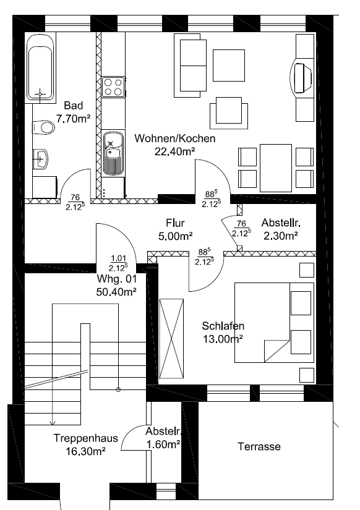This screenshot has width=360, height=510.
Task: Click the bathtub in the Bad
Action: tap(40, 67)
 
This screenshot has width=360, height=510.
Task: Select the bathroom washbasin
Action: tap(41, 159)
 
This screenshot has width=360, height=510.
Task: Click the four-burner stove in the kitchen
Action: tap(114, 87)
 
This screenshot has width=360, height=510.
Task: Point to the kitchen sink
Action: tap(113, 153)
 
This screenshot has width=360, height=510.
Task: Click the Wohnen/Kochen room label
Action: tap(175, 138)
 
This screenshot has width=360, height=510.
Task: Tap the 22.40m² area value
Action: tap(175, 151)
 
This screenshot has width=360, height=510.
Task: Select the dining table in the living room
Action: tap(276, 168)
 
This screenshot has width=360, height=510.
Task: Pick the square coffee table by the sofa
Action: tap(228, 66)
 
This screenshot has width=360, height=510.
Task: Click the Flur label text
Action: tap(175, 223)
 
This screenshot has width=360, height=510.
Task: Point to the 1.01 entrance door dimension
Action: tap(119, 258)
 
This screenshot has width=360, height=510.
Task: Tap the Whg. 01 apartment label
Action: tap(116, 279)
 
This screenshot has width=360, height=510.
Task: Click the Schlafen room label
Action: tap(223, 326)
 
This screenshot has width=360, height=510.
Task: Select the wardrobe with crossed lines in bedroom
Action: tap(171, 339)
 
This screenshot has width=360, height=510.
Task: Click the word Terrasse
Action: tap(259, 446)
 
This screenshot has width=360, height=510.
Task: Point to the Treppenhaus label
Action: tap(85, 438)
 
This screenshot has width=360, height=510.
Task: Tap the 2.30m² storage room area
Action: tap(281, 236)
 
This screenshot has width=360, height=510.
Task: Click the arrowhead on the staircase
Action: tap(53, 422)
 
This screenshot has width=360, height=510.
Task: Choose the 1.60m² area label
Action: tap(163, 444)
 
